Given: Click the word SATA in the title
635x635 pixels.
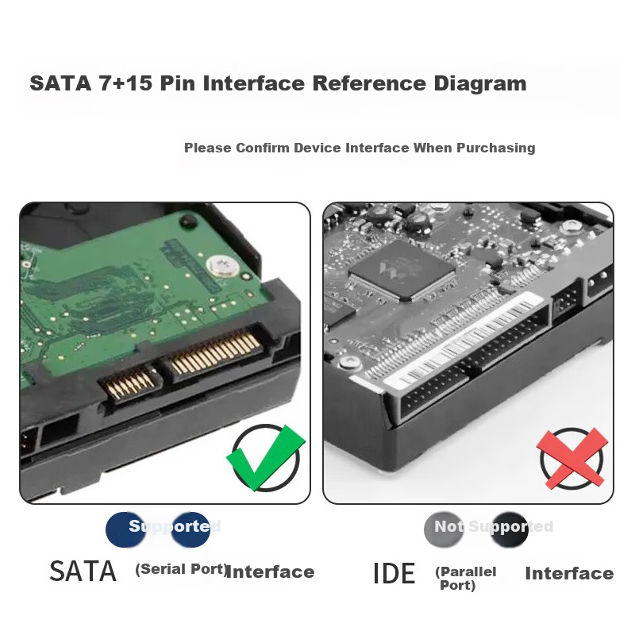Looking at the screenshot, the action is (x=61, y=83).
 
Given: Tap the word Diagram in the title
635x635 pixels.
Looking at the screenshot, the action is (x=480, y=84).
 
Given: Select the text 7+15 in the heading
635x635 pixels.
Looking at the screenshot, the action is (x=125, y=83).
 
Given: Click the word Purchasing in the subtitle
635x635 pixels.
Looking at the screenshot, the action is (x=496, y=148).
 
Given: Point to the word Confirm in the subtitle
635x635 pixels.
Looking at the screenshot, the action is (x=263, y=148).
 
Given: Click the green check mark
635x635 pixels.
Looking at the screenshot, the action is (x=266, y=458).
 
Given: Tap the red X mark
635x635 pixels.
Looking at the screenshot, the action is (x=571, y=459).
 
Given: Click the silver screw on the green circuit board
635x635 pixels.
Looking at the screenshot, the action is (x=222, y=266).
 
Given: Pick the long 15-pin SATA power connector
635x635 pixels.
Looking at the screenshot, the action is (x=215, y=352).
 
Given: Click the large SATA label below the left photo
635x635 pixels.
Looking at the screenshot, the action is (x=83, y=571).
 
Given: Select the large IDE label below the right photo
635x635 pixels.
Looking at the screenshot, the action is (x=394, y=573).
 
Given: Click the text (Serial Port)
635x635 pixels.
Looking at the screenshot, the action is (x=181, y=569).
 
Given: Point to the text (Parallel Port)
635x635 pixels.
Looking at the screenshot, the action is (x=465, y=579).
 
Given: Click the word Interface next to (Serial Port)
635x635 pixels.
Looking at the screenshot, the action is (x=270, y=571).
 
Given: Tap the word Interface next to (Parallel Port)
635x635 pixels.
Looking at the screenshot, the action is (x=569, y=573).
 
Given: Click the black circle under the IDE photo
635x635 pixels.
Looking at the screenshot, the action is (x=509, y=529).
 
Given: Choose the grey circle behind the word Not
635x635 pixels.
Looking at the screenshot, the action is (x=444, y=529).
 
